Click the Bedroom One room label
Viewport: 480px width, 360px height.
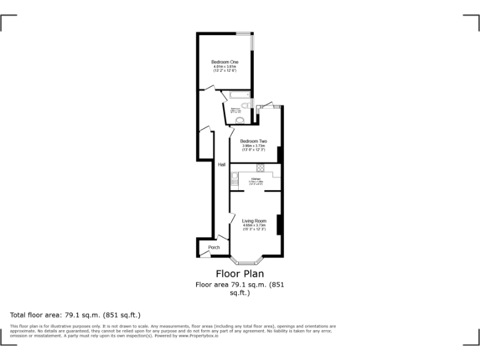pos(224,62)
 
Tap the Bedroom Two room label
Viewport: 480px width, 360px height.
pos(254,141)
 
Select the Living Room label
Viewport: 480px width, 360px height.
pos(254,221)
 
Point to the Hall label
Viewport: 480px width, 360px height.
pos(222,165)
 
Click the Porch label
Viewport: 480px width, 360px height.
pos(214,247)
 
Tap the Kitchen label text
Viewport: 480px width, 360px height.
pos(255,179)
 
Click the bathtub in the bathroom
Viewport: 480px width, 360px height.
pos(239,96)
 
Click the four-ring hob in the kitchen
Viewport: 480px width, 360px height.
pos(260,167)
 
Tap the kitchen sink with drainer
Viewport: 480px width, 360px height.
pos(234,181)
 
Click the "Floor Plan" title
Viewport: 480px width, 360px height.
pos(240,274)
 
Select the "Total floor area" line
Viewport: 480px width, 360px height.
pos(76,315)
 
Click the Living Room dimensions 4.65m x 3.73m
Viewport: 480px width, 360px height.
pos(254,226)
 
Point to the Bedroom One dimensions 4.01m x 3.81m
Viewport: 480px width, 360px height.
pos(224,67)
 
